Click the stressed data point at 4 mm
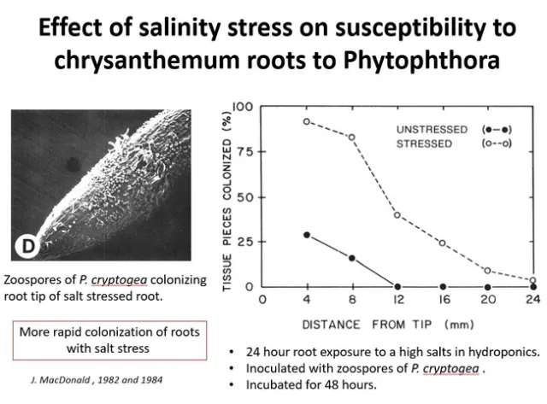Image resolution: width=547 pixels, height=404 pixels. click(307, 121)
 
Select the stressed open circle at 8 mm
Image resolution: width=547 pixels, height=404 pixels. click(351, 137)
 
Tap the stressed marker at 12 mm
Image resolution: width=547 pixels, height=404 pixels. click(397, 214)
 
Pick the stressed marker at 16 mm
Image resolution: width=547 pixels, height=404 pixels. click(443, 243)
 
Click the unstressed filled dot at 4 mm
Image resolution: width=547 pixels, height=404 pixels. click(307, 234)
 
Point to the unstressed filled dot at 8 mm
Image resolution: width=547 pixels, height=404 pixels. click(351, 257)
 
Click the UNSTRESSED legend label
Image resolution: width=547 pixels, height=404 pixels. click(432, 129)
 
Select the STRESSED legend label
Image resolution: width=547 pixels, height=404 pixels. click(424, 143)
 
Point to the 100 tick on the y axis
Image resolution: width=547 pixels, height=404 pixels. click(244, 108)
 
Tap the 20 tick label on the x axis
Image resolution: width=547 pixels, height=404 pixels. click(487, 301)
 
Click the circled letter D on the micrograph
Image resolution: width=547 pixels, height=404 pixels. click(24, 248)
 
